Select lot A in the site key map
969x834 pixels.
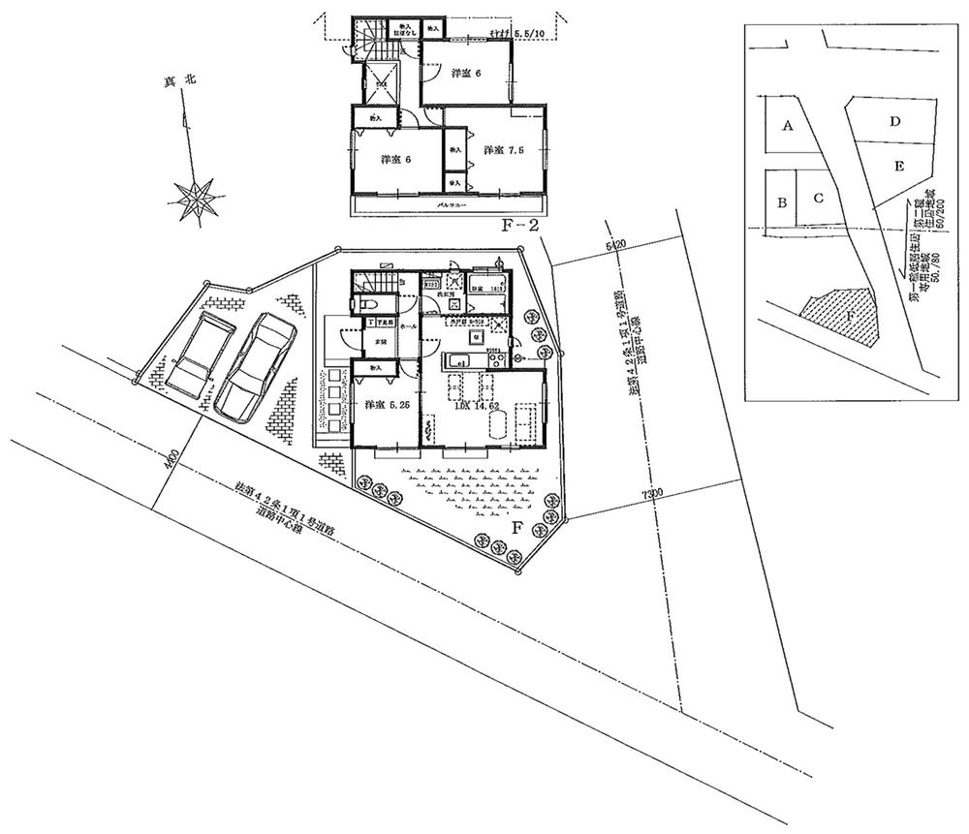[788, 125]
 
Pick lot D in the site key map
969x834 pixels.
[896, 122]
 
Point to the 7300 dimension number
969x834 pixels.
[651, 495]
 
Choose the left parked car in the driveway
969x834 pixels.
[199, 351]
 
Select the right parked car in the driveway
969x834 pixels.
[257, 368]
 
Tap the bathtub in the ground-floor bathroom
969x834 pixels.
[485, 284]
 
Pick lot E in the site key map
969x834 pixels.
[899, 167]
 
